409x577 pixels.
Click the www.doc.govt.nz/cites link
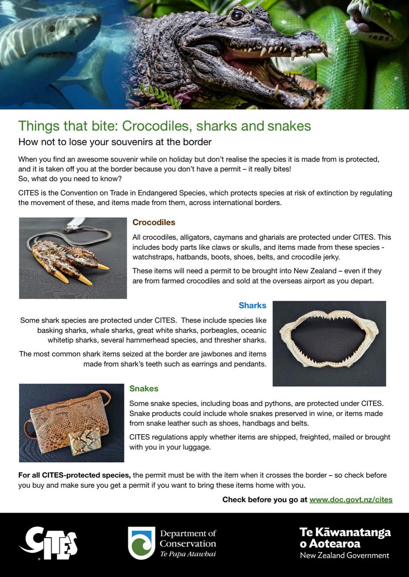(350, 500)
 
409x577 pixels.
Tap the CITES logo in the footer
(49, 543)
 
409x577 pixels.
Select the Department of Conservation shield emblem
(141, 543)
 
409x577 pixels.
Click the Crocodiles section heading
(154, 222)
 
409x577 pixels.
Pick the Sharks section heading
(252, 306)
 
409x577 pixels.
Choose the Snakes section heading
(144, 389)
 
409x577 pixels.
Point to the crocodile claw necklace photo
(73, 258)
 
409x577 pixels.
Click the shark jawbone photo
(329, 343)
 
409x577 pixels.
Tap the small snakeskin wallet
(85, 441)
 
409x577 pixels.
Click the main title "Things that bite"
(164, 126)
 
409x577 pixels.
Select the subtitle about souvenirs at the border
(115, 142)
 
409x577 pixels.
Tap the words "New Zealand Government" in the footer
(344, 555)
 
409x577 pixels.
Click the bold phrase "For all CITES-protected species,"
(74, 475)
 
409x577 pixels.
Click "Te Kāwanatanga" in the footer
(345, 532)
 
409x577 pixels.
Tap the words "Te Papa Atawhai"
(188, 554)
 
